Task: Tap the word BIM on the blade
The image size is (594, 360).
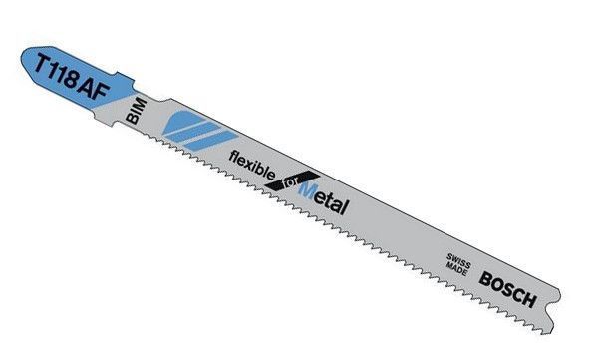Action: coord(136,110)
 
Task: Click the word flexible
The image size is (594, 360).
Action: coord(252,165)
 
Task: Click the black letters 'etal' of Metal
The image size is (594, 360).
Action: coord(331,202)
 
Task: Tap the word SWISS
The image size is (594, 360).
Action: coord(459,261)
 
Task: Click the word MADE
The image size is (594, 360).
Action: coord(456,268)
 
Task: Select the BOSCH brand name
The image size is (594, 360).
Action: coord(508,289)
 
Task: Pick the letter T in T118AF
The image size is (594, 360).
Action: coord(43,64)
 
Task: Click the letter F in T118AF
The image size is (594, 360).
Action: coord(101,92)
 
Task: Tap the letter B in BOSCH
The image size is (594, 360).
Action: coord(485,279)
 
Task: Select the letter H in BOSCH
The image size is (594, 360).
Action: coord(529,298)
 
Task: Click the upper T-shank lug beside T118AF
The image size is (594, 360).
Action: coord(125,79)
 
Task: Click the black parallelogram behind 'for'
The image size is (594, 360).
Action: coord(292,181)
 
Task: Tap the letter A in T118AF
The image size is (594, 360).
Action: coord(87,86)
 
